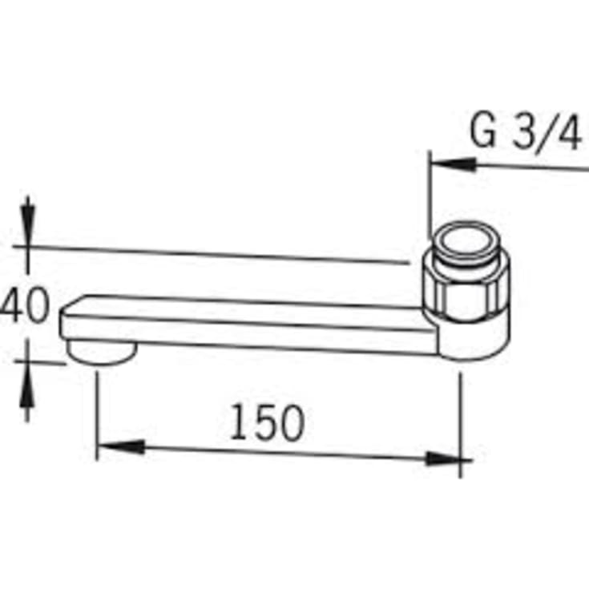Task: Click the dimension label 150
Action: click(267, 423)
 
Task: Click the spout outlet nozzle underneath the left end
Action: click(100, 350)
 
